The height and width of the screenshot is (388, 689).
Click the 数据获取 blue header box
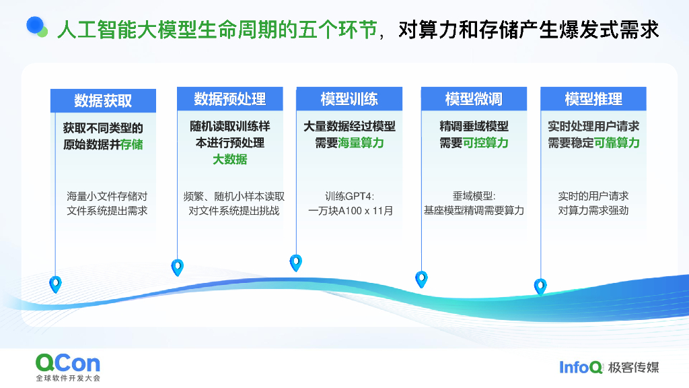[x=103, y=100]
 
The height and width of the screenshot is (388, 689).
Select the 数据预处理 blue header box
[x=229, y=99]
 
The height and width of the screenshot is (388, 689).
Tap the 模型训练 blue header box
[x=349, y=99]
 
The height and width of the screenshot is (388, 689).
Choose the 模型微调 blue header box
[x=474, y=99]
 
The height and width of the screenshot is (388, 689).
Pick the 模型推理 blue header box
[x=593, y=99]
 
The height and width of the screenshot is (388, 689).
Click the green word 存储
[x=132, y=144]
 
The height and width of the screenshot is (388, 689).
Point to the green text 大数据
[x=229, y=160]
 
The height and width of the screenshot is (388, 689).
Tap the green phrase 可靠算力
[x=617, y=143]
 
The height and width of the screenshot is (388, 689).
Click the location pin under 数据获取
[x=55, y=284]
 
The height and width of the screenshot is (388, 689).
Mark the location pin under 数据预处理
[x=178, y=267]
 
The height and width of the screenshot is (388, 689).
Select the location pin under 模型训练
[x=295, y=263]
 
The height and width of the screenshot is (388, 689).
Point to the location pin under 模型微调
[x=421, y=279]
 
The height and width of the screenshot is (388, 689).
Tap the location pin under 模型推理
[x=540, y=287]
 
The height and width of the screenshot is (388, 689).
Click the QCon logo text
[x=67, y=363]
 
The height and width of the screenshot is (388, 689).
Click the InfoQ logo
[x=581, y=367]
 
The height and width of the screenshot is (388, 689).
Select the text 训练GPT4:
[x=349, y=197]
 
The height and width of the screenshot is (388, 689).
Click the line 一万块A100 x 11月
[x=350, y=211]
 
